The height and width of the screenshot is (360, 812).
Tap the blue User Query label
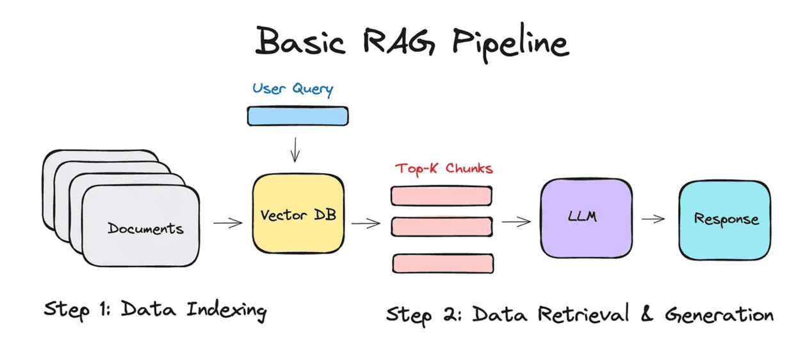[293, 89]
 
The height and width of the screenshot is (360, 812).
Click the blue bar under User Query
[298, 116]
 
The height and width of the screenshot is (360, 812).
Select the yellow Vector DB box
[298, 214]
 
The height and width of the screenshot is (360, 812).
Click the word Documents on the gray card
[145, 228]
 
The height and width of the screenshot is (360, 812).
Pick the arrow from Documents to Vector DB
[227, 223]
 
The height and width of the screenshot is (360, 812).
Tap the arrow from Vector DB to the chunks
[366, 223]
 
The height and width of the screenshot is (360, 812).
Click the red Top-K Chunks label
[444, 169]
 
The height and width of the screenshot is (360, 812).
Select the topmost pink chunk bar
[441, 196]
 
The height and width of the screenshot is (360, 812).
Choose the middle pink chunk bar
[441, 226]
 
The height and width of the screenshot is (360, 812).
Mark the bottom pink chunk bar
[443, 263]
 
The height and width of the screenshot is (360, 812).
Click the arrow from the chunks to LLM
[516, 222]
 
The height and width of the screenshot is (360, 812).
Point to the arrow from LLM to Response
[653, 219]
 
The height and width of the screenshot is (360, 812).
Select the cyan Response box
[725, 219]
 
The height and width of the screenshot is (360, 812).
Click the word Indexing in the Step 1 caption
[227, 311]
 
